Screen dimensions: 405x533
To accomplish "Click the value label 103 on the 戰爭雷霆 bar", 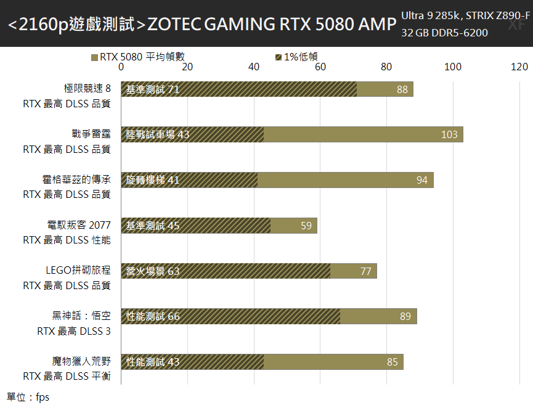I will click(x=449, y=134).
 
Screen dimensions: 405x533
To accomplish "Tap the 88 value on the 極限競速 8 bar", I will click(x=402, y=89).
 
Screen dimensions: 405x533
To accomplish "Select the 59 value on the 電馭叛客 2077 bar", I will click(x=306, y=226).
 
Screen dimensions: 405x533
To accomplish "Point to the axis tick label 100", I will click(x=453, y=67).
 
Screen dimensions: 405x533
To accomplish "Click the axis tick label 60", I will click(x=320, y=67).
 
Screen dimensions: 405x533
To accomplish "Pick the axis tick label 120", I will click(x=519, y=67).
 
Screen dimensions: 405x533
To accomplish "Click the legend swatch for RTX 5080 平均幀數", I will click(x=94, y=57).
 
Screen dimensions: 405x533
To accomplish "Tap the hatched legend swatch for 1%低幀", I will click(x=279, y=57).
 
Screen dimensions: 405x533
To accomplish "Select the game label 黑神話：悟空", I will click(x=81, y=316).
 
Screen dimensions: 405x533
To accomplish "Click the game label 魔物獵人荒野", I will click(x=81, y=361).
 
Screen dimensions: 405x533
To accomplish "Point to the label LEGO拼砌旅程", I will click(x=78, y=270).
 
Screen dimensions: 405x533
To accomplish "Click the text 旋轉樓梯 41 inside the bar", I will click(x=153, y=180).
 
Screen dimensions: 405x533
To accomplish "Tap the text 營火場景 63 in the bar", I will click(x=153, y=271).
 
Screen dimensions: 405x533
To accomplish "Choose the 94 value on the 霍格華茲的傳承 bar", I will click(x=421, y=180).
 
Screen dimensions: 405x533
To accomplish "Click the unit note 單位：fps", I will click(x=28, y=397).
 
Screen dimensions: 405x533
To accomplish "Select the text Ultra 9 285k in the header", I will click(x=431, y=15).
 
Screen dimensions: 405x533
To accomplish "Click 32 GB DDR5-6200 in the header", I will click(x=444, y=33).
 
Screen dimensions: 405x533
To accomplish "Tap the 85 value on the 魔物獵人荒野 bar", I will click(x=393, y=362).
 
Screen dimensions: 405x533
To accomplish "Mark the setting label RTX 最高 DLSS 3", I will click(x=74, y=330).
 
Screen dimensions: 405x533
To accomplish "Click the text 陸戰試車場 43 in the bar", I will click(x=158, y=134).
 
